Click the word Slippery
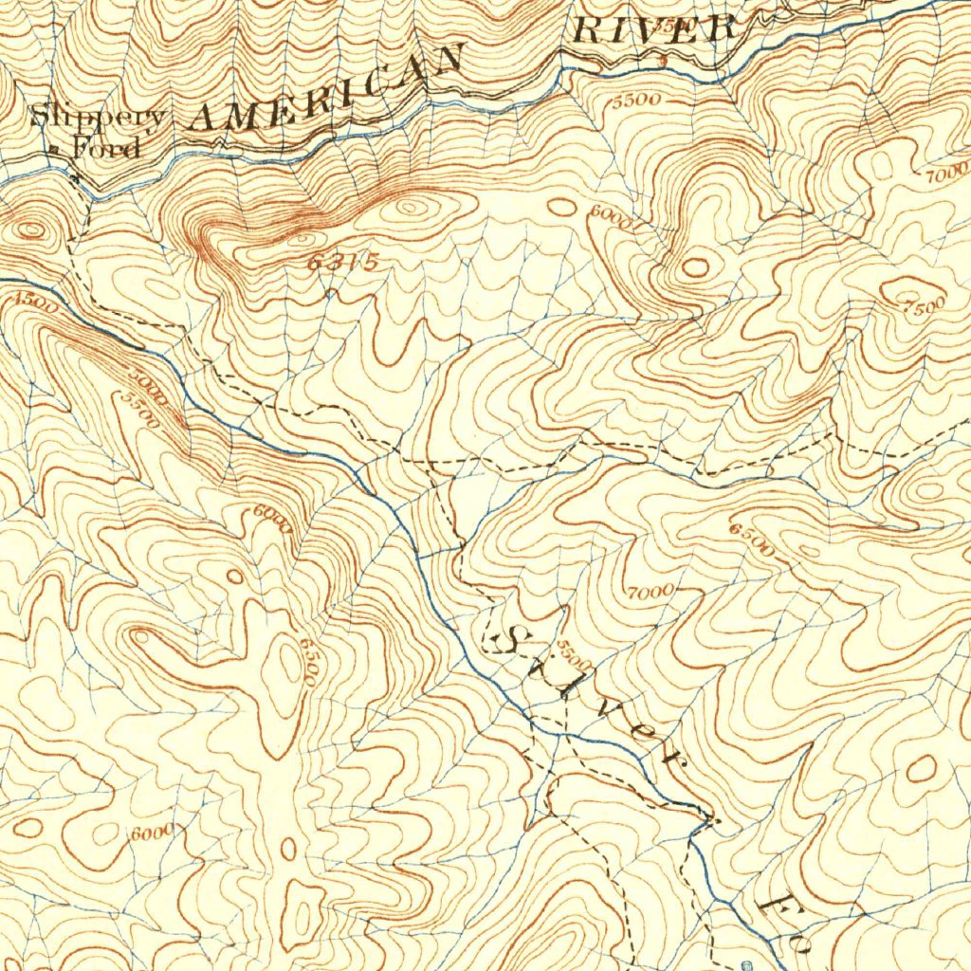click(98, 118)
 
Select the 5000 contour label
click(148, 388)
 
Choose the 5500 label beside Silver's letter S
click(573, 651)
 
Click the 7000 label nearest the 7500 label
click(943, 175)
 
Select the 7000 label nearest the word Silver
click(650, 592)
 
